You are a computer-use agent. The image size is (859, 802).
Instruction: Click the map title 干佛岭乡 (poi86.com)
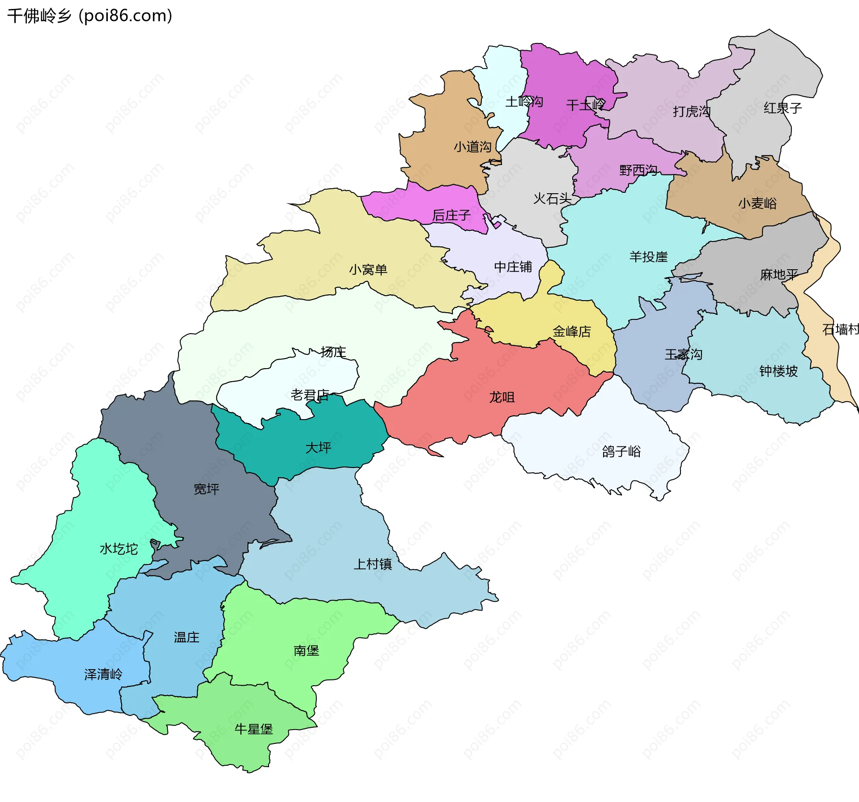click(x=89, y=16)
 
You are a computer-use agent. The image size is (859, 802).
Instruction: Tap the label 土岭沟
click(x=524, y=102)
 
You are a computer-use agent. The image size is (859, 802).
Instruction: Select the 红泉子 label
click(x=782, y=108)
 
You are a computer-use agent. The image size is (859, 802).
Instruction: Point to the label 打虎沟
click(x=691, y=111)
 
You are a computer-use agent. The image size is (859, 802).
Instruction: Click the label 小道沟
click(x=472, y=147)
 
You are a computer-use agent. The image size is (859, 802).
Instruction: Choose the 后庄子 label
click(x=451, y=216)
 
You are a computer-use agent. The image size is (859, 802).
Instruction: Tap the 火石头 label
click(x=552, y=198)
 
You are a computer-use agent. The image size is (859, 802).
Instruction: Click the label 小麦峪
click(x=757, y=204)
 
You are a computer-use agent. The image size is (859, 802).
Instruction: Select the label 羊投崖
click(x=648, y=257)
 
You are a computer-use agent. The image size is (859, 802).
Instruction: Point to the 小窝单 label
click(x=368, y=270)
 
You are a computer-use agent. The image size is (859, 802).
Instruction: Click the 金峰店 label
click(x=572, y=331)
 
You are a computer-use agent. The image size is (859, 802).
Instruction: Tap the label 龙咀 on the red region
click(x=502, y=397)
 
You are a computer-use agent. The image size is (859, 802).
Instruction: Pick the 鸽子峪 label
click(x=621, y=451)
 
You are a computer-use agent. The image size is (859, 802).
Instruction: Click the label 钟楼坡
click(x=778, y=371)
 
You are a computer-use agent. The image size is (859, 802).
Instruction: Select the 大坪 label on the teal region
click(x=318, y=447)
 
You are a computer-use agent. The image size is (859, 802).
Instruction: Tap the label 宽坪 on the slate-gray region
click(x=206, y=489)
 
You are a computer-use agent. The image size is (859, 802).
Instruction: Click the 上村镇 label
click(x=373, y=564)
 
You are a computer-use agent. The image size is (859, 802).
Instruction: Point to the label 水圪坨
click(x=119, y=549)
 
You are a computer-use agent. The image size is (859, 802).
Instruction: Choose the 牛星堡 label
click(x=254, y=729)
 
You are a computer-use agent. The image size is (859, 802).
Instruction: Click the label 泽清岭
click(x=103, y=675)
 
